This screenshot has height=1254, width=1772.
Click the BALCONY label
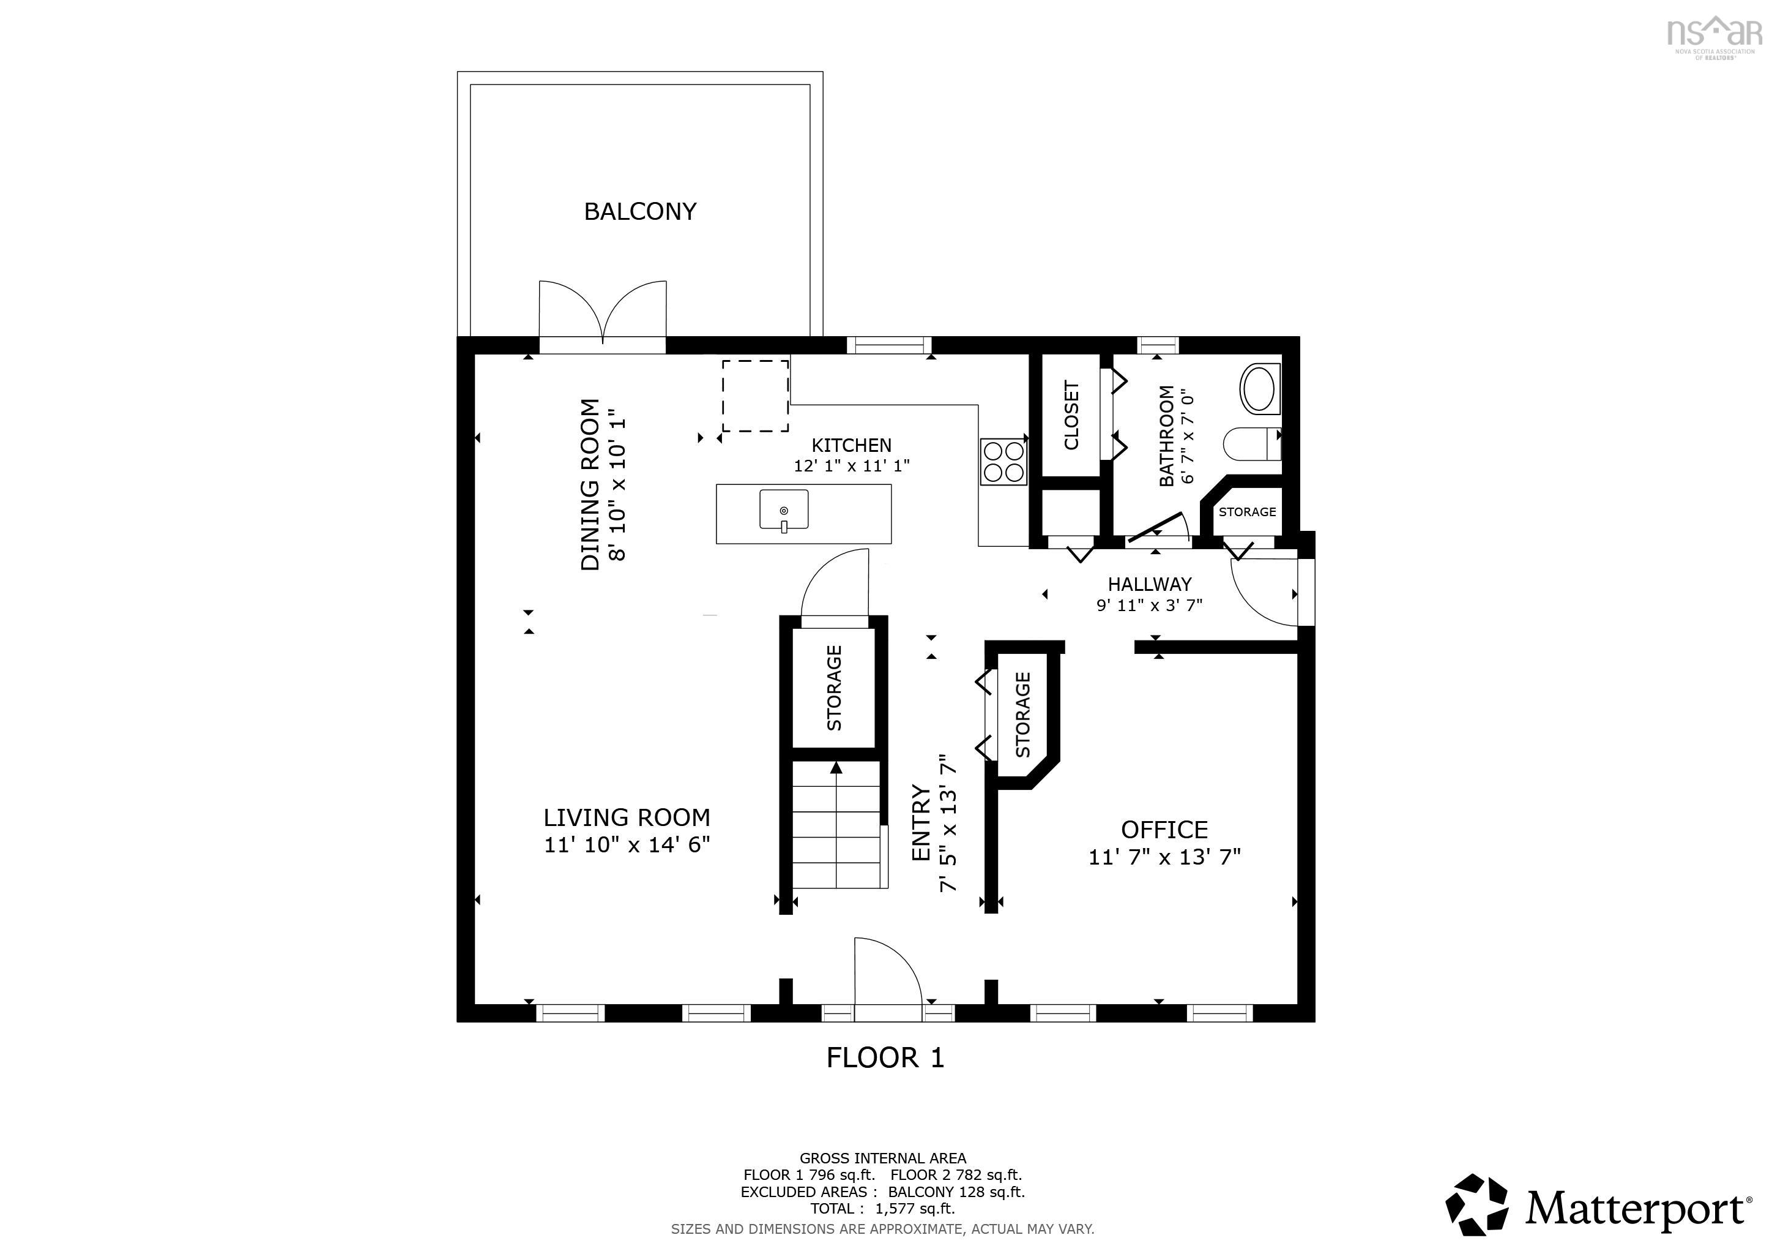[x=640, y=211]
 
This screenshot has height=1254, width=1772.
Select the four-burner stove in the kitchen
[x=1003, y=461]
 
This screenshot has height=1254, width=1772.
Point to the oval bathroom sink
[x=1259, y=388]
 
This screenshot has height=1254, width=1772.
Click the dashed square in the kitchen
[x=755, y=396]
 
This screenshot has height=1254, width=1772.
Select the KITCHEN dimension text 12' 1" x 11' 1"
[x=851, y=465]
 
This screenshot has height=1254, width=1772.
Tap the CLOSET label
[x=1071, y=415]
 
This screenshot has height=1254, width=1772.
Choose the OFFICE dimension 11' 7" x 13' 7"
[x=1164, y=857]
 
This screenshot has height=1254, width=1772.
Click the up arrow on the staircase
[x=836, y=768]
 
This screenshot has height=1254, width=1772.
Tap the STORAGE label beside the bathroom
[x=1247, y=512]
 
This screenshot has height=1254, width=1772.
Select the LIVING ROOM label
[x=626, y=817]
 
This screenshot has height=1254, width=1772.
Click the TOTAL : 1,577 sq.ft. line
[x=882, y=1209]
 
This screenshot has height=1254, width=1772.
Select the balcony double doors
[x=602, y=313]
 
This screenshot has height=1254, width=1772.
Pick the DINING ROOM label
[x=590, y=484]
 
